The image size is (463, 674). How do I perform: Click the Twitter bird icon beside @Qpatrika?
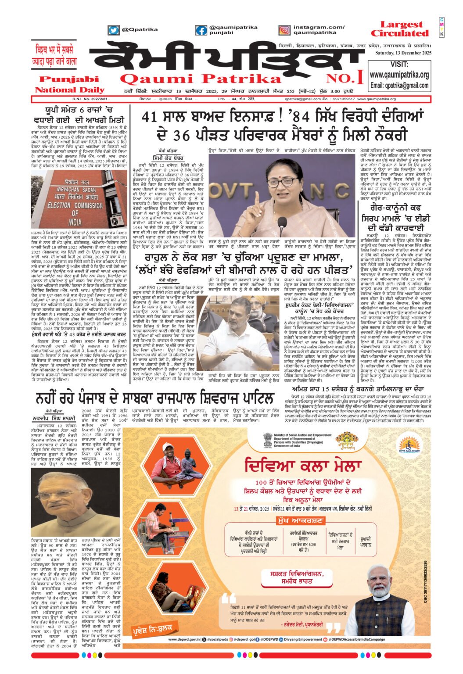114,30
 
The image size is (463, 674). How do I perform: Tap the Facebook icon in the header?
201,30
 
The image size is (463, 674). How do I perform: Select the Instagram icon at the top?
284,30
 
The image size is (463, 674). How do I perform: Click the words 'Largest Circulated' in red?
399,29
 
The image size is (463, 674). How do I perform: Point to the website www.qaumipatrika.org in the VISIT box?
399,75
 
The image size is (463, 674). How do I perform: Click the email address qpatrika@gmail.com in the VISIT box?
399,85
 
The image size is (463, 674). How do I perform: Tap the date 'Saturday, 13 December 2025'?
403,53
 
